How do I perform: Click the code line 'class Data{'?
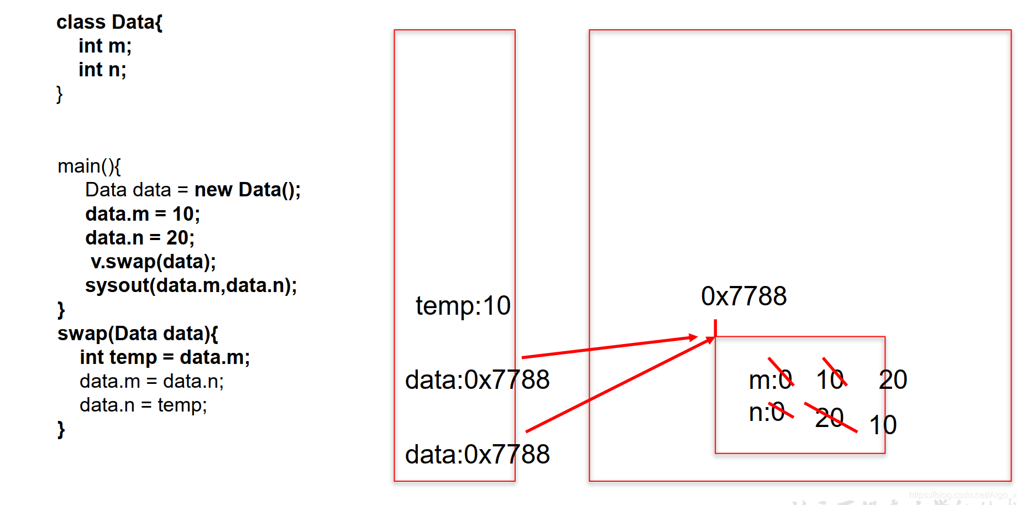[x=109, y=22]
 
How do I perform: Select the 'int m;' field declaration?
[x=105, y=46]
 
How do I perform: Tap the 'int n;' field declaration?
[x=102, y=70]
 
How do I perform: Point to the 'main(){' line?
[x=89, y=166]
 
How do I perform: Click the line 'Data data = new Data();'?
[x=192, y=190]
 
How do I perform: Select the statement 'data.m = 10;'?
[x=142, y=214]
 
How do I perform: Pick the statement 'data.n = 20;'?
[x=139, y=238]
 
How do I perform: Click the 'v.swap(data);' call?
[x=153, y=262]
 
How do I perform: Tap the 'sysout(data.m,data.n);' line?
[x=191, y=285]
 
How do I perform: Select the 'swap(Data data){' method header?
[x=138, y=334]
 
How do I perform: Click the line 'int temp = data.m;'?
[x=164, y=357]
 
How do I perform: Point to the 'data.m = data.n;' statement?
[x=151, y=381]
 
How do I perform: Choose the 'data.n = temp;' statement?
[x=143, y=405]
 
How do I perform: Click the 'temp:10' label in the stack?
[x=463, y=306]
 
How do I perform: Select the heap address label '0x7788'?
[x=743, y=296]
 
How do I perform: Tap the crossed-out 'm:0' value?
[x=771, y=380]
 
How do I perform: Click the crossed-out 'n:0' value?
[x=767, y=412]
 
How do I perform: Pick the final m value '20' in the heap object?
[x=893, y=380]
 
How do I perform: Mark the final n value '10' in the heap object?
[x=883, y=425]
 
